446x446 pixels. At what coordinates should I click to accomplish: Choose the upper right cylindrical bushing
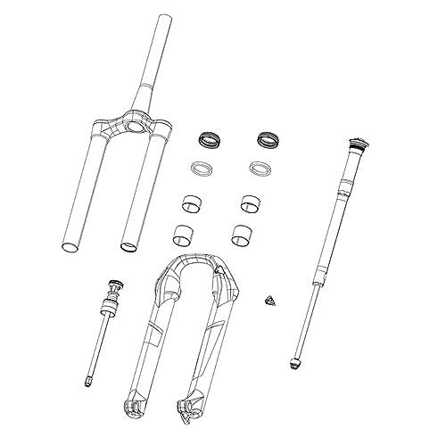[x=249, y=203]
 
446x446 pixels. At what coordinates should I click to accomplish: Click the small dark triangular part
[x=269, y=299]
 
